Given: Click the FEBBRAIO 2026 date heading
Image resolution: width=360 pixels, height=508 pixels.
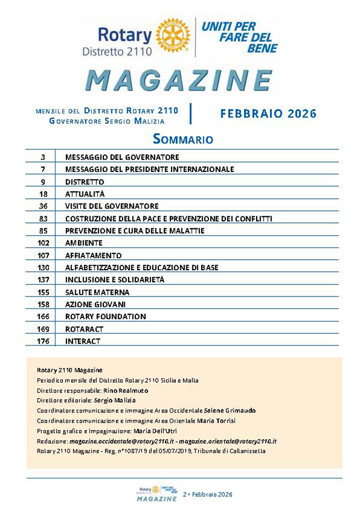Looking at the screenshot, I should tap(268, 114).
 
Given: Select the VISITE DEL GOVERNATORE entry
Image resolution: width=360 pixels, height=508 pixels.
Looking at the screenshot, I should tap(112, 205).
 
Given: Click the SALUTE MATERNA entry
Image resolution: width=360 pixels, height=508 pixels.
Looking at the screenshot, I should tap(97, 292).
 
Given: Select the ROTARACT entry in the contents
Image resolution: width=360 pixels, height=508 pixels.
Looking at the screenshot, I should tap(85, 329).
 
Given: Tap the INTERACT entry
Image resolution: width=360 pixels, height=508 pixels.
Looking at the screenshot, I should tap(82, 341).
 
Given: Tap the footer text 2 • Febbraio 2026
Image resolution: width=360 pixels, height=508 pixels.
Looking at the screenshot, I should tap(207, 495).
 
